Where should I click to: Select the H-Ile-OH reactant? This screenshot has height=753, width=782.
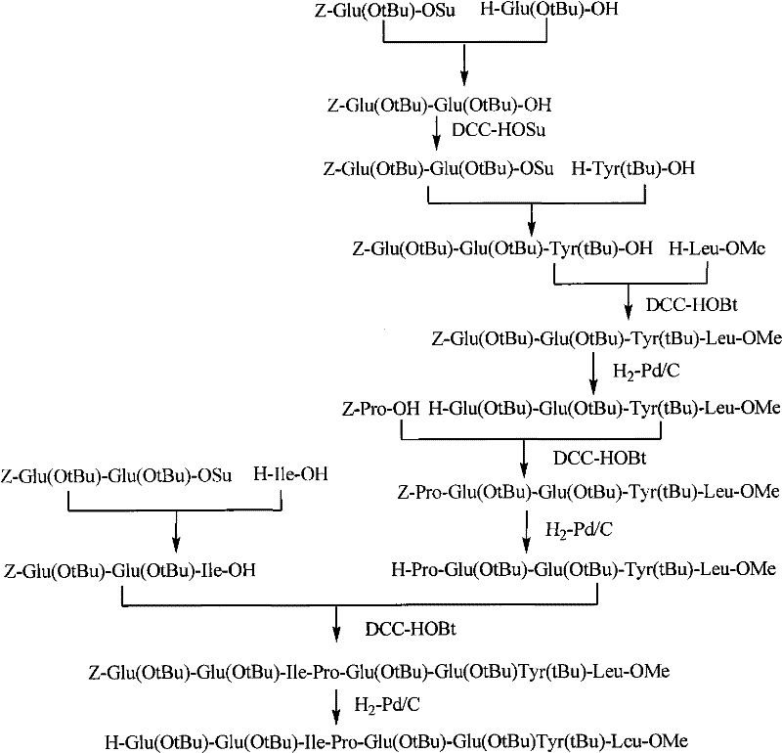(291, 476)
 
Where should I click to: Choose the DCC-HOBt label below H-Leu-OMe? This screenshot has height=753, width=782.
(681, 304)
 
